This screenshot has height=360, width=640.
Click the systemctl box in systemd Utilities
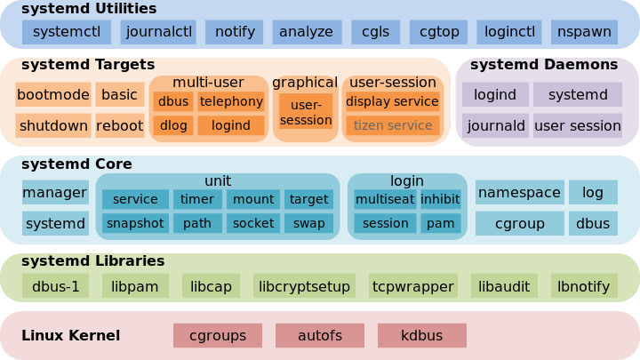click(x=66, y=32)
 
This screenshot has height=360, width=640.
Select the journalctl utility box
click(x=158, y=32)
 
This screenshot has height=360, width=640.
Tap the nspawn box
click(x=584, y=32)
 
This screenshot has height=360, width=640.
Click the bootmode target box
click(x=52, y=94)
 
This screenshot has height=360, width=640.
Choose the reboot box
click(x=119, y=125)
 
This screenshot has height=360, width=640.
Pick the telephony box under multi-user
click(x=231, y=101)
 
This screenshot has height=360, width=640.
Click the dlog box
click(x=173, y=125)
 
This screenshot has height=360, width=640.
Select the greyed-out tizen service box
click(x=392, y=125)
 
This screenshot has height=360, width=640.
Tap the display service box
click(x=392, y=101)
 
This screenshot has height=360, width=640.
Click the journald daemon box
click(x=495, y=125)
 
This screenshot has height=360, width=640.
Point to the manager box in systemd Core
click(x=54, y=192)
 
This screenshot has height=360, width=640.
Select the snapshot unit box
click(x=135, y=223)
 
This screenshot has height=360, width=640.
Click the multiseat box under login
click(x=385, y=199)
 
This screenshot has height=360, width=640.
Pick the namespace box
click(x=519, y=192)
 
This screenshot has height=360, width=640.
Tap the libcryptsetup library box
click(x=305, y=286)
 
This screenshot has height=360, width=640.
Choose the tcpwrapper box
click(x=413, y=286)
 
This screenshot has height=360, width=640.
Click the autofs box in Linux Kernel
click(x=320, y=336)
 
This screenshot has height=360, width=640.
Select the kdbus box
click(x=421, y=336)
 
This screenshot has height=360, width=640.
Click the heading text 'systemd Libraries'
click(x=92, y=261)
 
